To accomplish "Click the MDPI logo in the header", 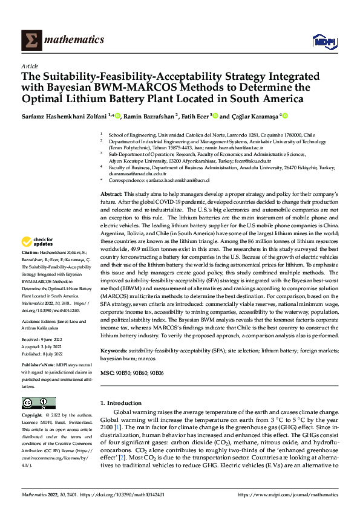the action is click(321, 41).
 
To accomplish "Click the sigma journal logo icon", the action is click(30, 40).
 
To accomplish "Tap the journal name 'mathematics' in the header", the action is click(72, 40).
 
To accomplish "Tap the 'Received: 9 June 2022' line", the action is click(43, 340).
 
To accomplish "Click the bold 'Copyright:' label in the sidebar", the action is click(33, 417).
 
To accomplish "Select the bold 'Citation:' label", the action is click(31, 268).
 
